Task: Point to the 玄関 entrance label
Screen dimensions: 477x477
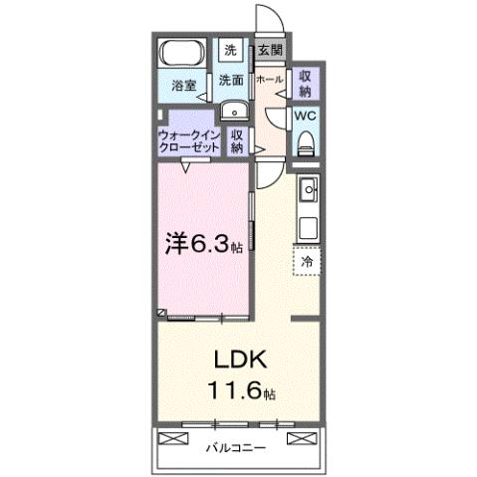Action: (x=268, y=49)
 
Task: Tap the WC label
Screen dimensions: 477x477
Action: (x=305, y=115)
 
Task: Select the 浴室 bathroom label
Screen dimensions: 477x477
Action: (x=181, y=86)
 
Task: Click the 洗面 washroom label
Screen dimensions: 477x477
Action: (x=231, y=80)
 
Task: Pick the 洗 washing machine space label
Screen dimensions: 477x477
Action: (x=230, y=50)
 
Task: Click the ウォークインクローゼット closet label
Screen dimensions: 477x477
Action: (x=189, y=139)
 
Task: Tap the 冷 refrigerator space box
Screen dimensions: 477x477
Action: (x=307, y=261)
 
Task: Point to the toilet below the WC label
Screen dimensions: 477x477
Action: (x=305, y=141)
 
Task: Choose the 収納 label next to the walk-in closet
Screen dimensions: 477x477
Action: (x=237, y=140)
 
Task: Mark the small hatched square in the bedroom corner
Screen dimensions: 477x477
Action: (x=160, y=313)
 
